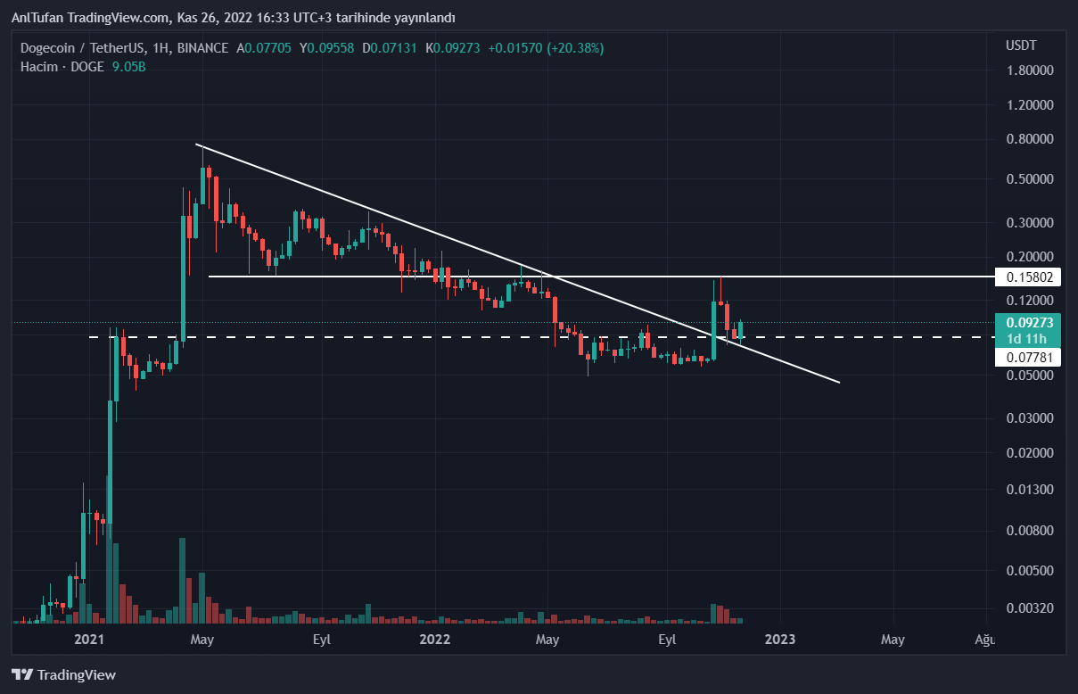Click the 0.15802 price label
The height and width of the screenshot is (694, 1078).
point(1030,277)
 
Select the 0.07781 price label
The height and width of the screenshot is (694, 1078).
point(1030,358)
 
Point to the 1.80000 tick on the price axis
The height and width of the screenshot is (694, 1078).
point(1030,70)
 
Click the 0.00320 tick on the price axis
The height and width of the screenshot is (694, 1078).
point(1030,608)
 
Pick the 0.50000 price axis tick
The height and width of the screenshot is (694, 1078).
point(1030,179)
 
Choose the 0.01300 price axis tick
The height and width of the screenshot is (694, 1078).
point(1030,490)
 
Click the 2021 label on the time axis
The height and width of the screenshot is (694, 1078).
point(89,640)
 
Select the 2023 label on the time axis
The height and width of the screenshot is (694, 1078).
point(780,640)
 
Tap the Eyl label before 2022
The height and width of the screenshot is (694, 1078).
point(322,640)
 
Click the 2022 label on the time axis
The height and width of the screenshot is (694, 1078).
point(435,640)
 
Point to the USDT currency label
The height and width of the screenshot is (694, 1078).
point(1021,45)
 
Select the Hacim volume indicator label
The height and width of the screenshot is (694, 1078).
point(38,67)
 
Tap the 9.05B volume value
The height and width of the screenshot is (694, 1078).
point(128,67)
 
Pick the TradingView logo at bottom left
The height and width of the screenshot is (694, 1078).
point(63,675)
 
